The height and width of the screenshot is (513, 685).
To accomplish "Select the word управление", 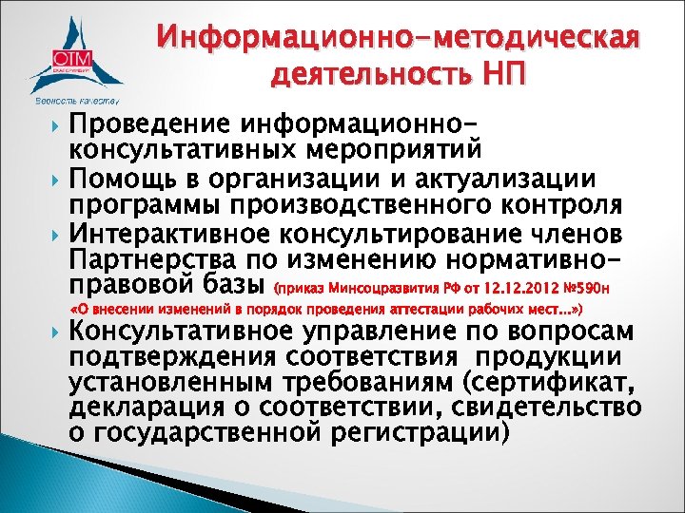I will (357, 335).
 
